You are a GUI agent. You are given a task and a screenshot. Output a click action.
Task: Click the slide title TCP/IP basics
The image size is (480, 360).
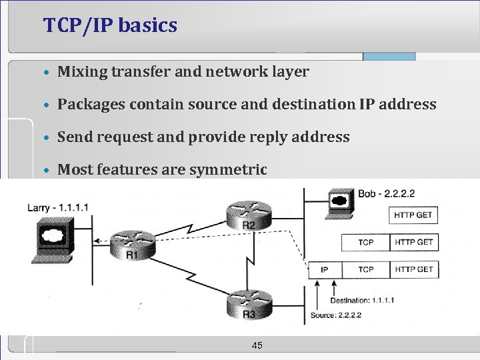pos(110,26)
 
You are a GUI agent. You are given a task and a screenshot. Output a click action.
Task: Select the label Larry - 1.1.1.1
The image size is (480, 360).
pos(58,208)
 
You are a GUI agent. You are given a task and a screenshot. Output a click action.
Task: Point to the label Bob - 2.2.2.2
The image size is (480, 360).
pos(386,194)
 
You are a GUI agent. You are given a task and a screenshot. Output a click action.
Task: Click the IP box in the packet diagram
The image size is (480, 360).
pos(325,269)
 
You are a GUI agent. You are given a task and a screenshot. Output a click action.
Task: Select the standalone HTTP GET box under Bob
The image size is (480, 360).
pos(413,215)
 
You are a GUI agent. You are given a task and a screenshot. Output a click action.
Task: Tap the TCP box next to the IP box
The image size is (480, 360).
pos(365,269)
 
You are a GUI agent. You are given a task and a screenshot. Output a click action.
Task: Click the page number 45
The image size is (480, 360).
pos(257,345)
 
